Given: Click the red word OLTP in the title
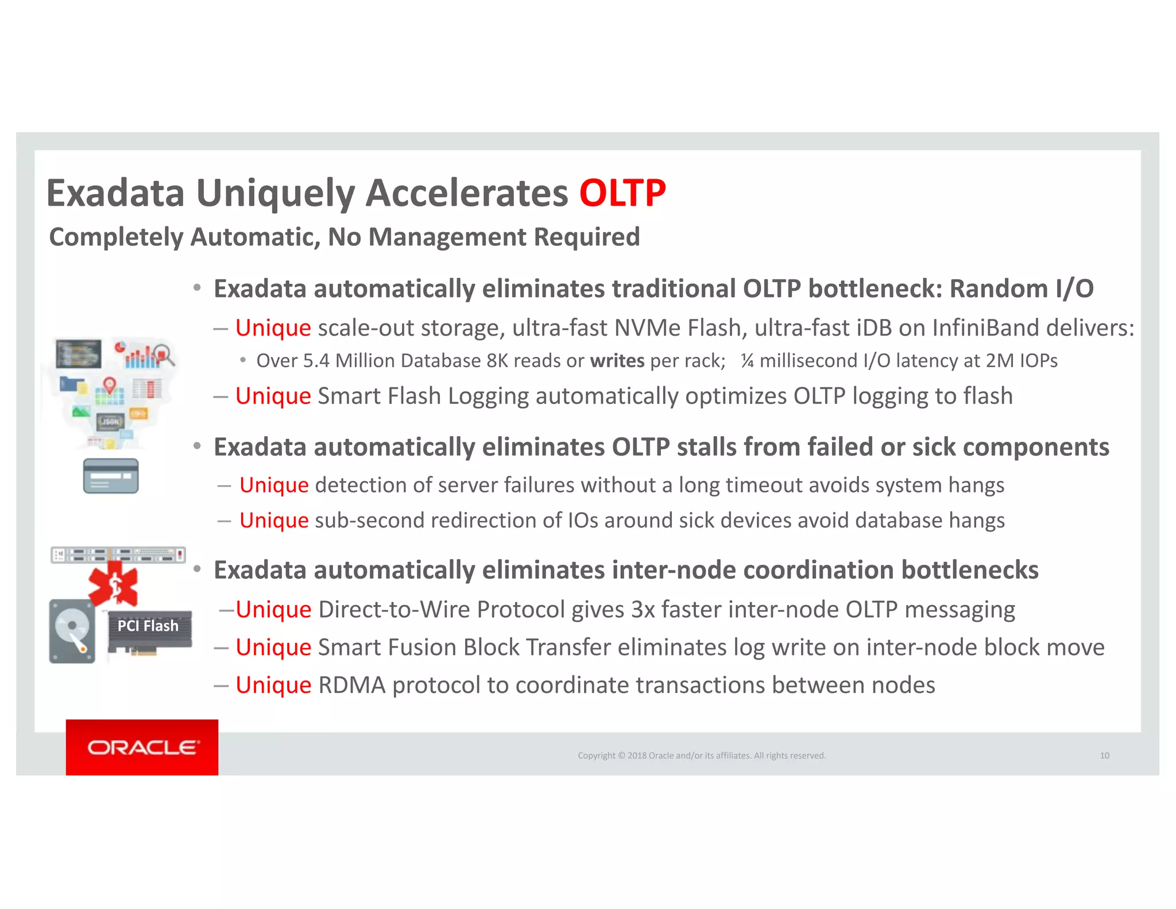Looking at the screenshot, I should click(x=622, y=193).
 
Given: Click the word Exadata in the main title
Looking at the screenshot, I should click(x=115, y=193).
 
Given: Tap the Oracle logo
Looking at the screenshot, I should click(x=142, y=747).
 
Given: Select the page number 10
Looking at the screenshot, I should click(x=1104, y=756).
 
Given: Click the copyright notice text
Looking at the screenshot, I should click(x=701, y=756).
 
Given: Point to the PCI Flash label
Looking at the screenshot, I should click(x=148, y=626).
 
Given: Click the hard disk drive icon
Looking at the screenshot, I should click(x=72, y=631).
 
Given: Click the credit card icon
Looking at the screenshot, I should click(x=111, y=476).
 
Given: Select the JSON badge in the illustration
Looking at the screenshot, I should click(x=110, y=422).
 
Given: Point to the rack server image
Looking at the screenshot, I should click(x=118, y=555).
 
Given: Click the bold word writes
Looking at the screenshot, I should click(x=617, y=361).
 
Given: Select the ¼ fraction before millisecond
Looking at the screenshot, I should click(x=746, y=361).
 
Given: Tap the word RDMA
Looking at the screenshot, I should click(x=351, y=685).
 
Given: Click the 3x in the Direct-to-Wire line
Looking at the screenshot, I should click(x=643, y=610).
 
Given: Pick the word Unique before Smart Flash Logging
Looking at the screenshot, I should click(x=273, y=396).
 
